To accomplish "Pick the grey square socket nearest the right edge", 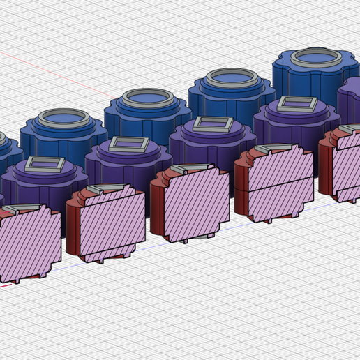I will coord(297,105).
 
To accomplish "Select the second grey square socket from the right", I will coord(213,124).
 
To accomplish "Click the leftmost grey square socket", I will coord(45,165).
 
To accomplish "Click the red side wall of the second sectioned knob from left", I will coord(74,227).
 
